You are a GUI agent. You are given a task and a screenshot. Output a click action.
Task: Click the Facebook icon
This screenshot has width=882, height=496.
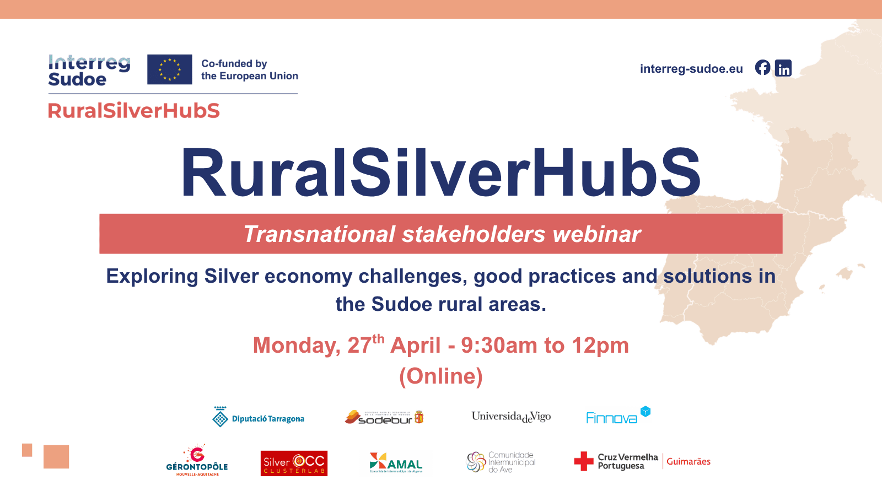[x=762, y=68]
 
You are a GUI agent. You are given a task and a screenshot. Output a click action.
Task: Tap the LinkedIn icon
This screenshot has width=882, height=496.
[x=783, y=68]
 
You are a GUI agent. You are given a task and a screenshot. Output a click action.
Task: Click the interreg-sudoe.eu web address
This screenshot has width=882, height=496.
[x=691, y=69]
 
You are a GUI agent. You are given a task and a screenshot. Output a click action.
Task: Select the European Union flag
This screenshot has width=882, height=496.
[x=170, y=69]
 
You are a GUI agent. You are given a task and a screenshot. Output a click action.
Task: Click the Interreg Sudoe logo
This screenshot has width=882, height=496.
[x=89, y=71]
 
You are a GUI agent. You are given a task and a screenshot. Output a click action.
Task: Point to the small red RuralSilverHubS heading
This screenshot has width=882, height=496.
[x=134, y=111]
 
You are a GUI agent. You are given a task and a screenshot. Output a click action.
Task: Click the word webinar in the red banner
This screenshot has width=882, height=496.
[x=597, y=234]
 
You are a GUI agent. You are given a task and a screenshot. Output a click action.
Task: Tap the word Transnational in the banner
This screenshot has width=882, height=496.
[x=320, y=234]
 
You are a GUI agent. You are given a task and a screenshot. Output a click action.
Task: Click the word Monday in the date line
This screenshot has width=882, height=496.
[x=297, y=346]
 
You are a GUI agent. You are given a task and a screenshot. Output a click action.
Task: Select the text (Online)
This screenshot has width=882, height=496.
[x=441, y=376]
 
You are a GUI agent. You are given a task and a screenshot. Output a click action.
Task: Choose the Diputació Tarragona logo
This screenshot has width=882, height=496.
[x=259, y=418]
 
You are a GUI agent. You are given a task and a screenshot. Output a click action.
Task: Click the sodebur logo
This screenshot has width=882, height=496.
[x=384, y=418]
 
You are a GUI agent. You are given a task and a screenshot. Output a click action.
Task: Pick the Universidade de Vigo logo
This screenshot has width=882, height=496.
[x=511, y=417]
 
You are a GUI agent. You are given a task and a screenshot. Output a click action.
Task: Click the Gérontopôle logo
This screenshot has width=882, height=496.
[x=197, y=461]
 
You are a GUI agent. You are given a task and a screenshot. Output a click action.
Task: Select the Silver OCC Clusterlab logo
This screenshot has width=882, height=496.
[x=294, y=463]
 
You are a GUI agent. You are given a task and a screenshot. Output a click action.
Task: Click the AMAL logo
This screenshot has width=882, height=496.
[x=396, y=463]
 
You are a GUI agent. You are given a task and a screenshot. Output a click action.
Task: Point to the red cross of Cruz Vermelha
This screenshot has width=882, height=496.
[x=584, y=461]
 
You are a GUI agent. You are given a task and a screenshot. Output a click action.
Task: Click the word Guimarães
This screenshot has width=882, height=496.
[x=689, y=462]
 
